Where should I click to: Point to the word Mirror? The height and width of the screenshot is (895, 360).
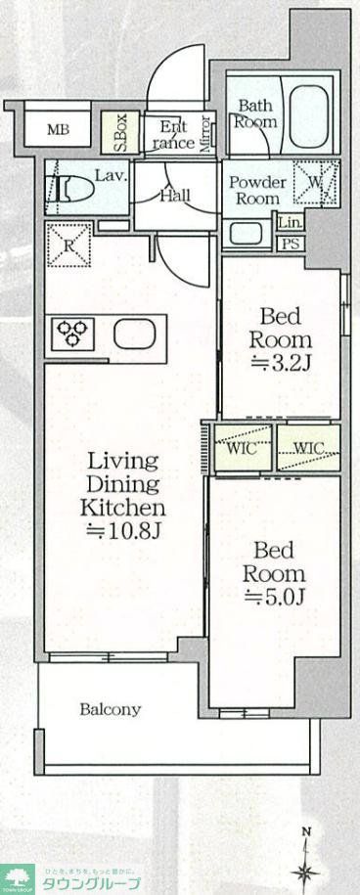(205, 134)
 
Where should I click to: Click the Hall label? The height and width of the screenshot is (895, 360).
(175, 195)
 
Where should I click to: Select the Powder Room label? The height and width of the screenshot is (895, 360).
(256, 190)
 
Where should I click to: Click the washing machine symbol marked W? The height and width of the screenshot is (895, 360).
(315, 183)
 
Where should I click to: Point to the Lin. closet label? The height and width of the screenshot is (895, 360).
(291, 224)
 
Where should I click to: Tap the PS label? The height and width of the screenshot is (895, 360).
(291, 244)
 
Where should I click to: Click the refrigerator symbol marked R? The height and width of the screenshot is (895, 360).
(68, 243)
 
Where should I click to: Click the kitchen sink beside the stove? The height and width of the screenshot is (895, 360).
(134, 334)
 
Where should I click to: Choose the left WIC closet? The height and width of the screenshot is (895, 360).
(242, 450)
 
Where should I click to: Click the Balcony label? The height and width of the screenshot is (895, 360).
(110, 709)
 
